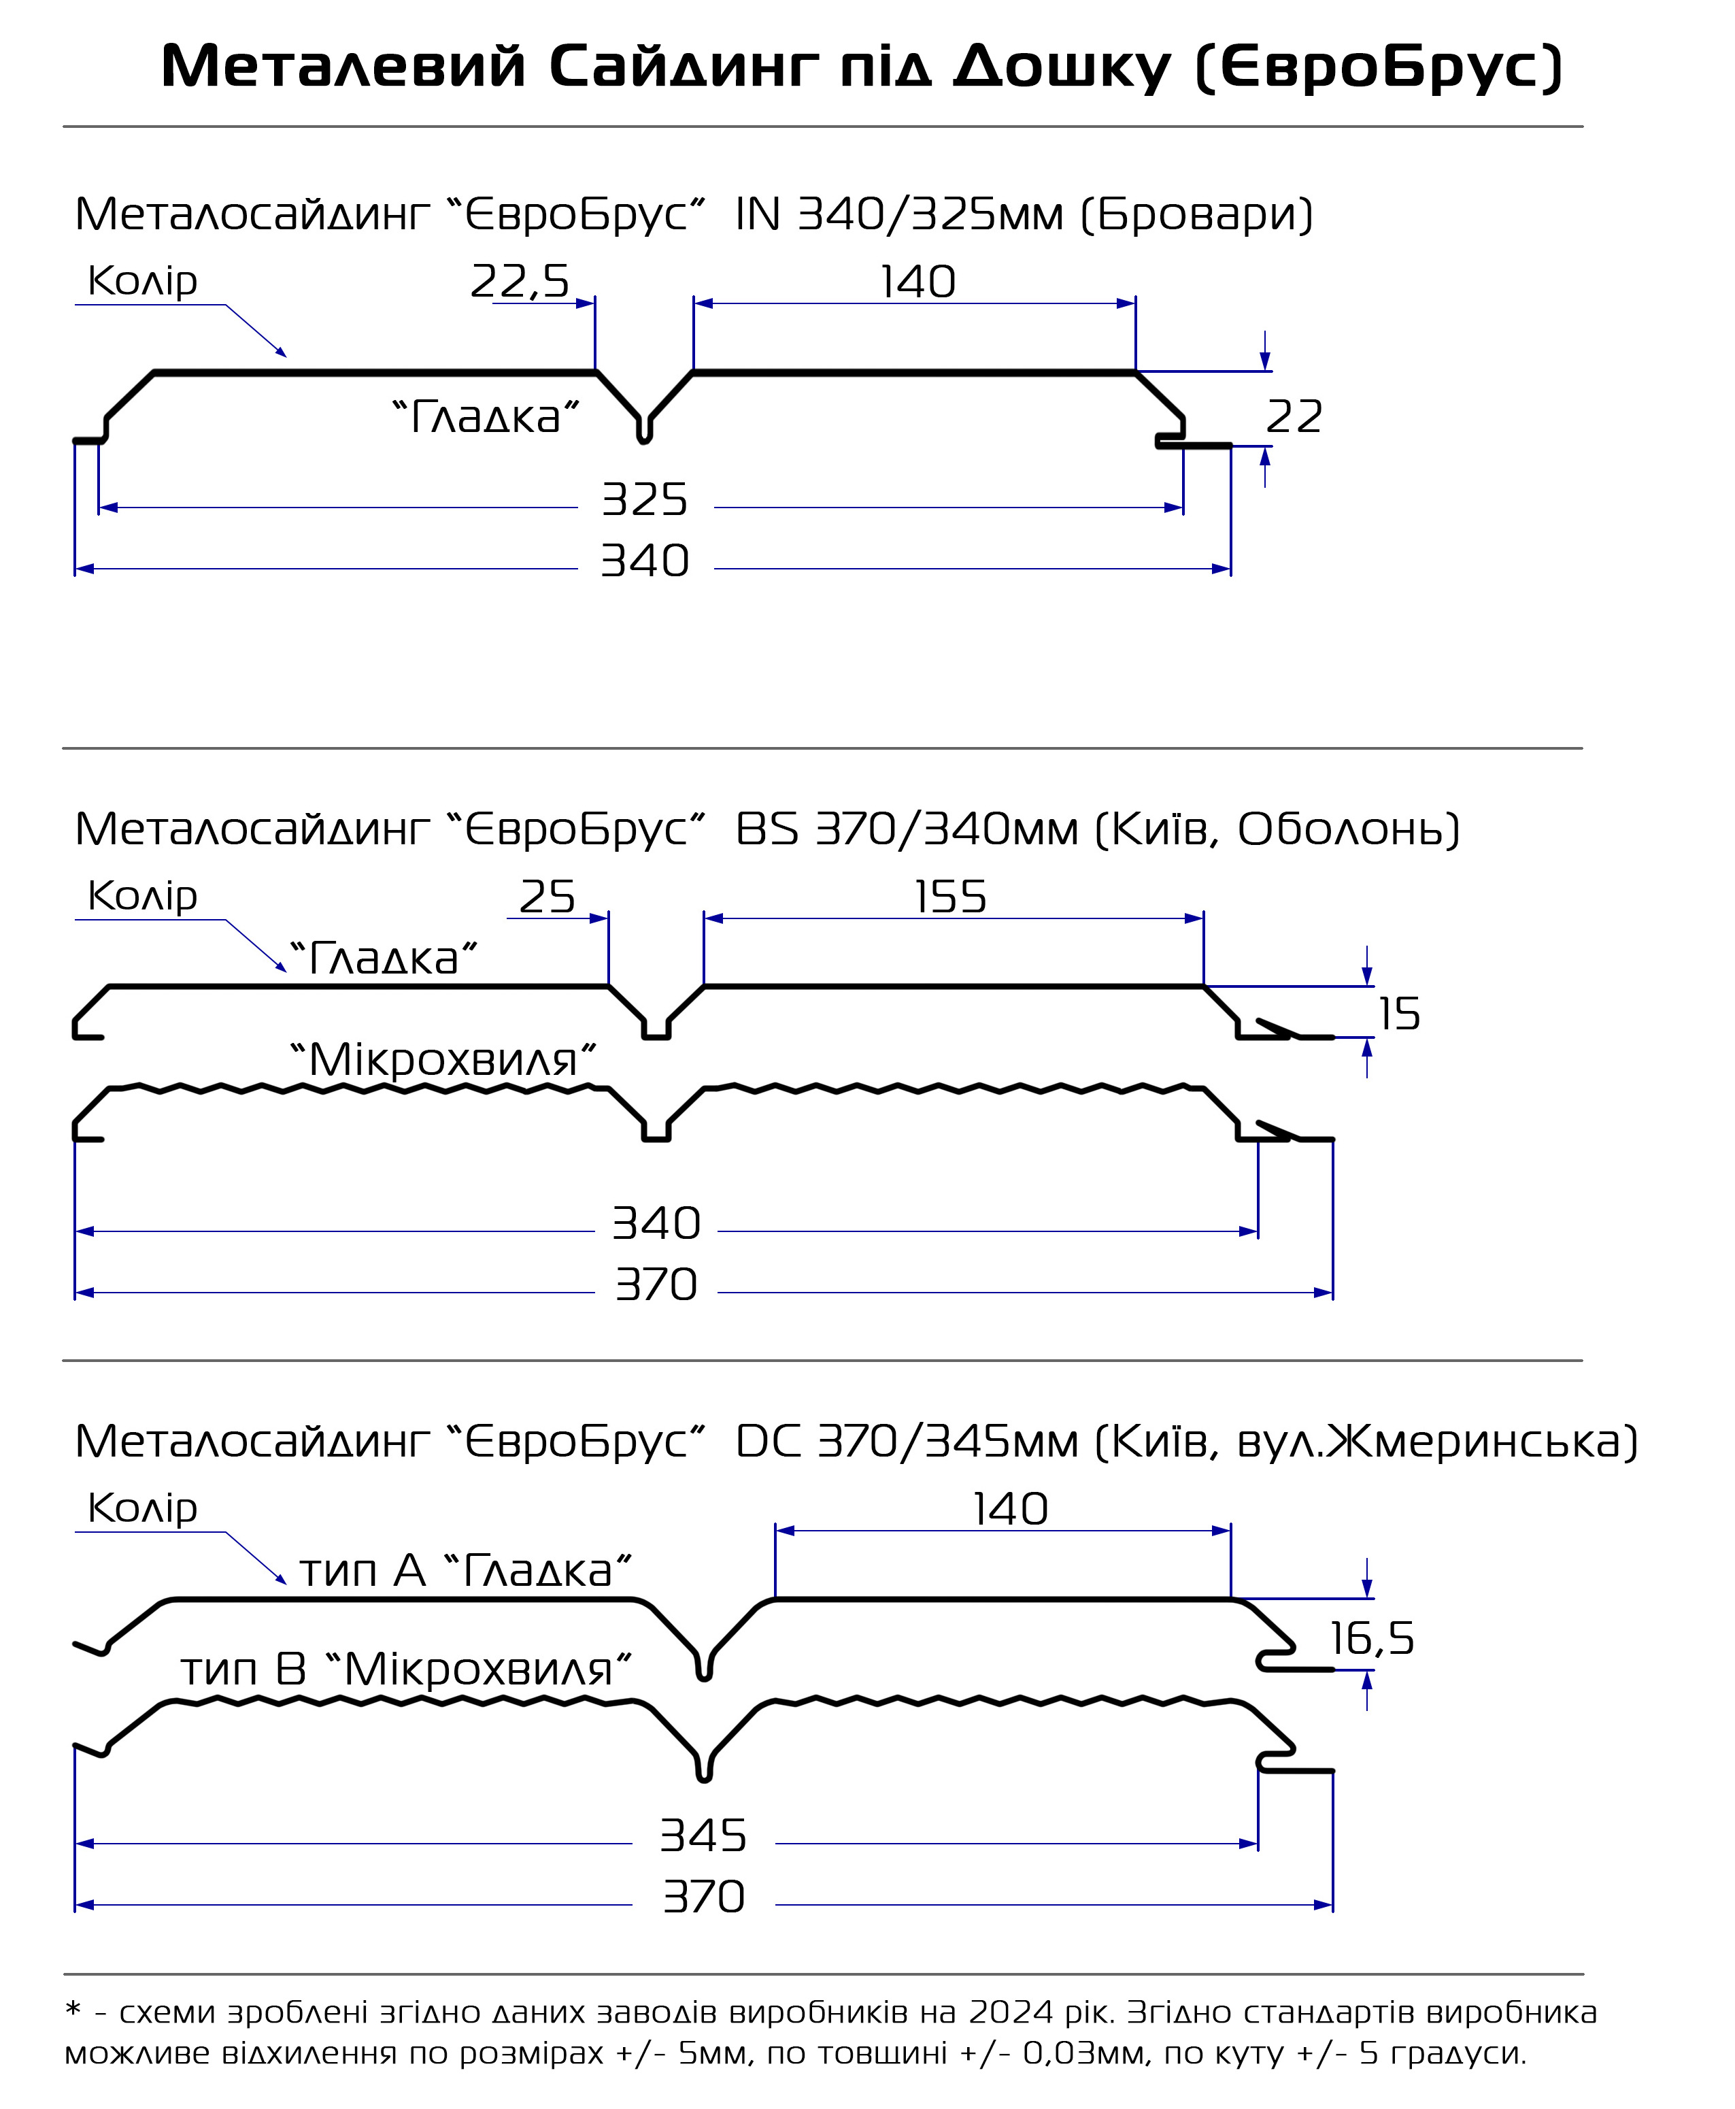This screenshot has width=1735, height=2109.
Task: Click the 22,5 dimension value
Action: (520, 282)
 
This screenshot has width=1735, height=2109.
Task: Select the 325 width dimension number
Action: (645, 500)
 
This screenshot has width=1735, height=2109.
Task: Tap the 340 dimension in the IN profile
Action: (645, 561)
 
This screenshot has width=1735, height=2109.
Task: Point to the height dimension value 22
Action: (1294, 417)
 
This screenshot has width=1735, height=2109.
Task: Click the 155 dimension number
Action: (950, 897)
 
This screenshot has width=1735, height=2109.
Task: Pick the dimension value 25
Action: (547, 897)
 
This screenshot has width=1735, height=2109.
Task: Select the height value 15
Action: (1399, 1014)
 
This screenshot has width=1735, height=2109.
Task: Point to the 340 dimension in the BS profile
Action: (656, 1223)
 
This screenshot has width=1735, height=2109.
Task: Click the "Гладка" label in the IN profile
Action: (486, 417)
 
